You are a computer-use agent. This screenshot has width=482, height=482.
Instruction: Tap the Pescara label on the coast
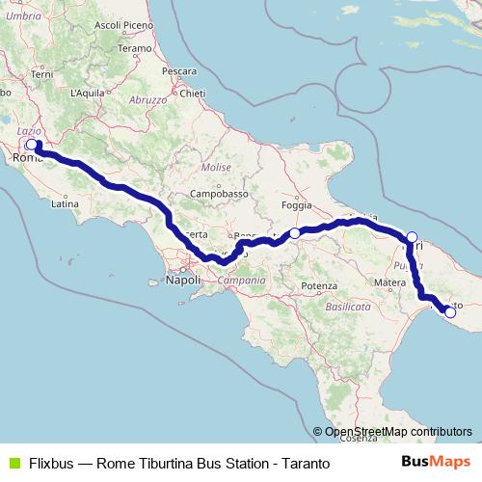(x=180, y=71)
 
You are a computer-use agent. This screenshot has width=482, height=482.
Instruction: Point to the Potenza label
(x=317, y=286)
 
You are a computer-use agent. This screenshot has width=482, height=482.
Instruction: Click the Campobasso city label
(x=213, y=193)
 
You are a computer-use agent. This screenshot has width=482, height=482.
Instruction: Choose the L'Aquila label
(x=87, y=93)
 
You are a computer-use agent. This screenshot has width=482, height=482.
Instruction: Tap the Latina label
(x=64, y=204)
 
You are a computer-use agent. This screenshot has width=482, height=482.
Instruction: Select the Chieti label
(x=193, y=94)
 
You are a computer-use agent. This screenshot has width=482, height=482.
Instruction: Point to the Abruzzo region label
(x=148, y=99)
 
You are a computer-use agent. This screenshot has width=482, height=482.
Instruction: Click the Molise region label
(x=216, y=167)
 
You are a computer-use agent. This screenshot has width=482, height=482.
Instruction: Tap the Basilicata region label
(x=348, y=306)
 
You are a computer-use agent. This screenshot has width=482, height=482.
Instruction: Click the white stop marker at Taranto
(x=449, y=311)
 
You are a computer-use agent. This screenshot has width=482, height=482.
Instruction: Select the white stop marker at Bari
(x=412, y=237)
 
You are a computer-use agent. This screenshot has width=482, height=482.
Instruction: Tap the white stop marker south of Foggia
(x=295, y=233)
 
